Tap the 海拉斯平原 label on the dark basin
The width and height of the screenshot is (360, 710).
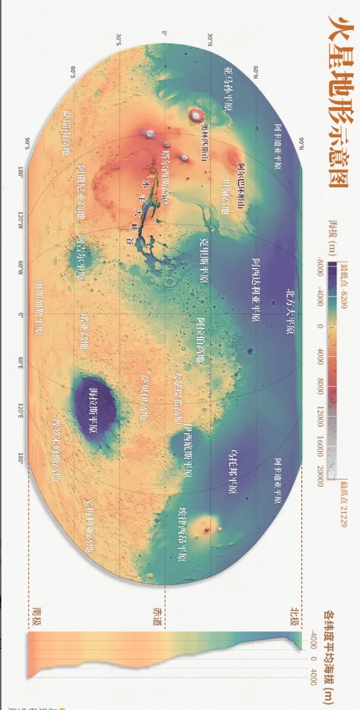coord(96,407)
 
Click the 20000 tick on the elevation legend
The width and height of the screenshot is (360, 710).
coord(321,472)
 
